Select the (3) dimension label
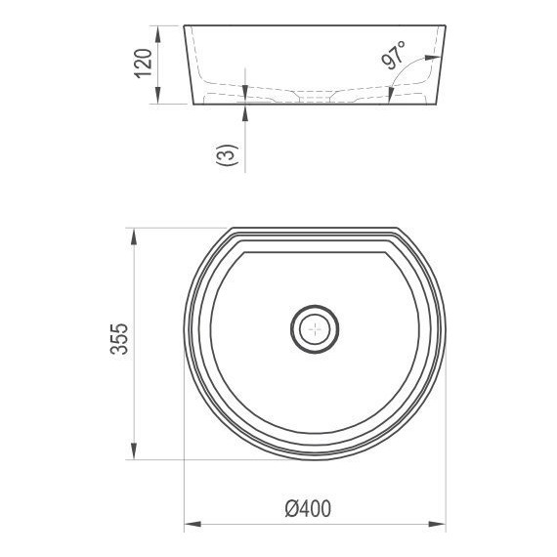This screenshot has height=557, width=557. coord(226,155)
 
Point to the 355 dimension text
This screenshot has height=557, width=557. coord(118,343)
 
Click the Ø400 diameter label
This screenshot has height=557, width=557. coord(308,509)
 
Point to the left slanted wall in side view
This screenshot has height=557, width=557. coord(188,64)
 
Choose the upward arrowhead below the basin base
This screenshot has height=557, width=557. coord(245,109)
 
